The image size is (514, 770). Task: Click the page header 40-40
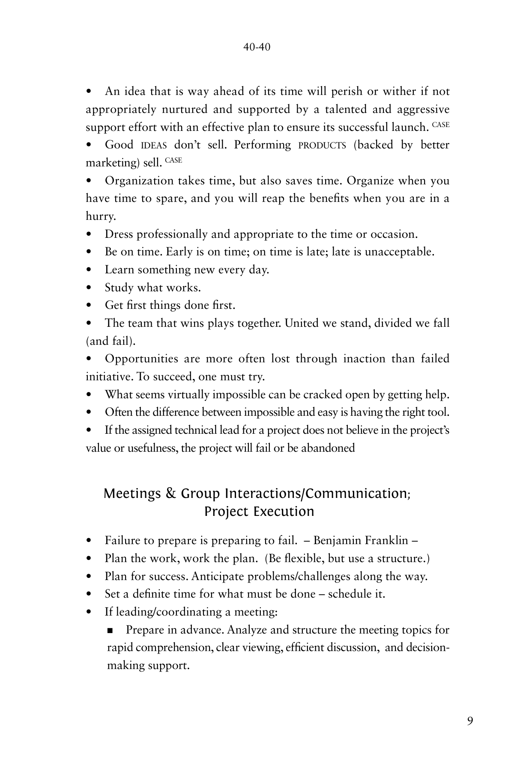coord(257,47)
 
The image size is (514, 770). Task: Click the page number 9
coord(470,721)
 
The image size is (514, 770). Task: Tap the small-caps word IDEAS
coord(154,145)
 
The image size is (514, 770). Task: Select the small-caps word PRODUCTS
coord(322,145)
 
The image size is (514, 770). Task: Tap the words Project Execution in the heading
coord(259,512)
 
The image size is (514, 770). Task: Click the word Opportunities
coord(141,358)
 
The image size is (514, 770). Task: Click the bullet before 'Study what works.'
coord(89,288)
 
